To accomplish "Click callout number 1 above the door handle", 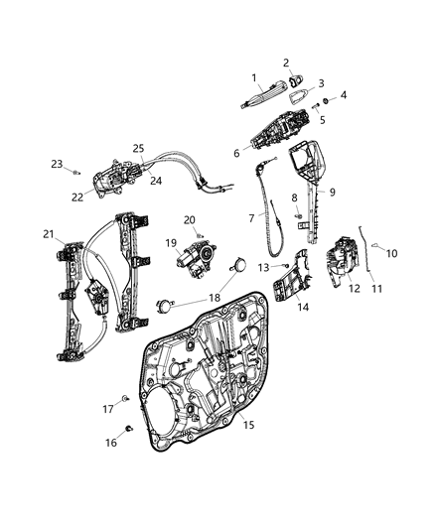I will [253, 77].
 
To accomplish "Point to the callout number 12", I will [355, 288].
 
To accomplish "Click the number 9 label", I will [332, 193].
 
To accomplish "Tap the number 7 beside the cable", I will [250, 216].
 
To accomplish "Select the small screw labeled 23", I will [76, 172].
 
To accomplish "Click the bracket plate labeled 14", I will [289, 288].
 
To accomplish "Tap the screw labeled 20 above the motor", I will [199, 237].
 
